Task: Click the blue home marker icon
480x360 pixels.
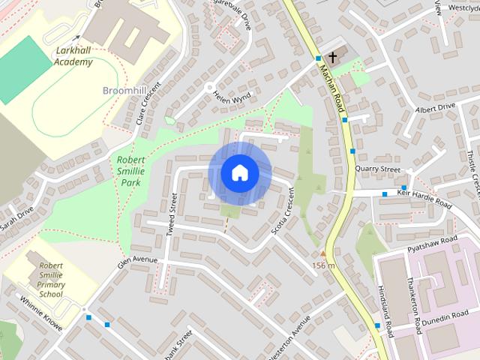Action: pos(239,172)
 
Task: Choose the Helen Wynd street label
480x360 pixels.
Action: pos(231,98)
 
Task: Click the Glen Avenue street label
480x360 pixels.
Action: pos(136,260)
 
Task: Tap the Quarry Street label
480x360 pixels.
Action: pos(379,169)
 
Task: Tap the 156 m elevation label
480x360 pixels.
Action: pos(323,266)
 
